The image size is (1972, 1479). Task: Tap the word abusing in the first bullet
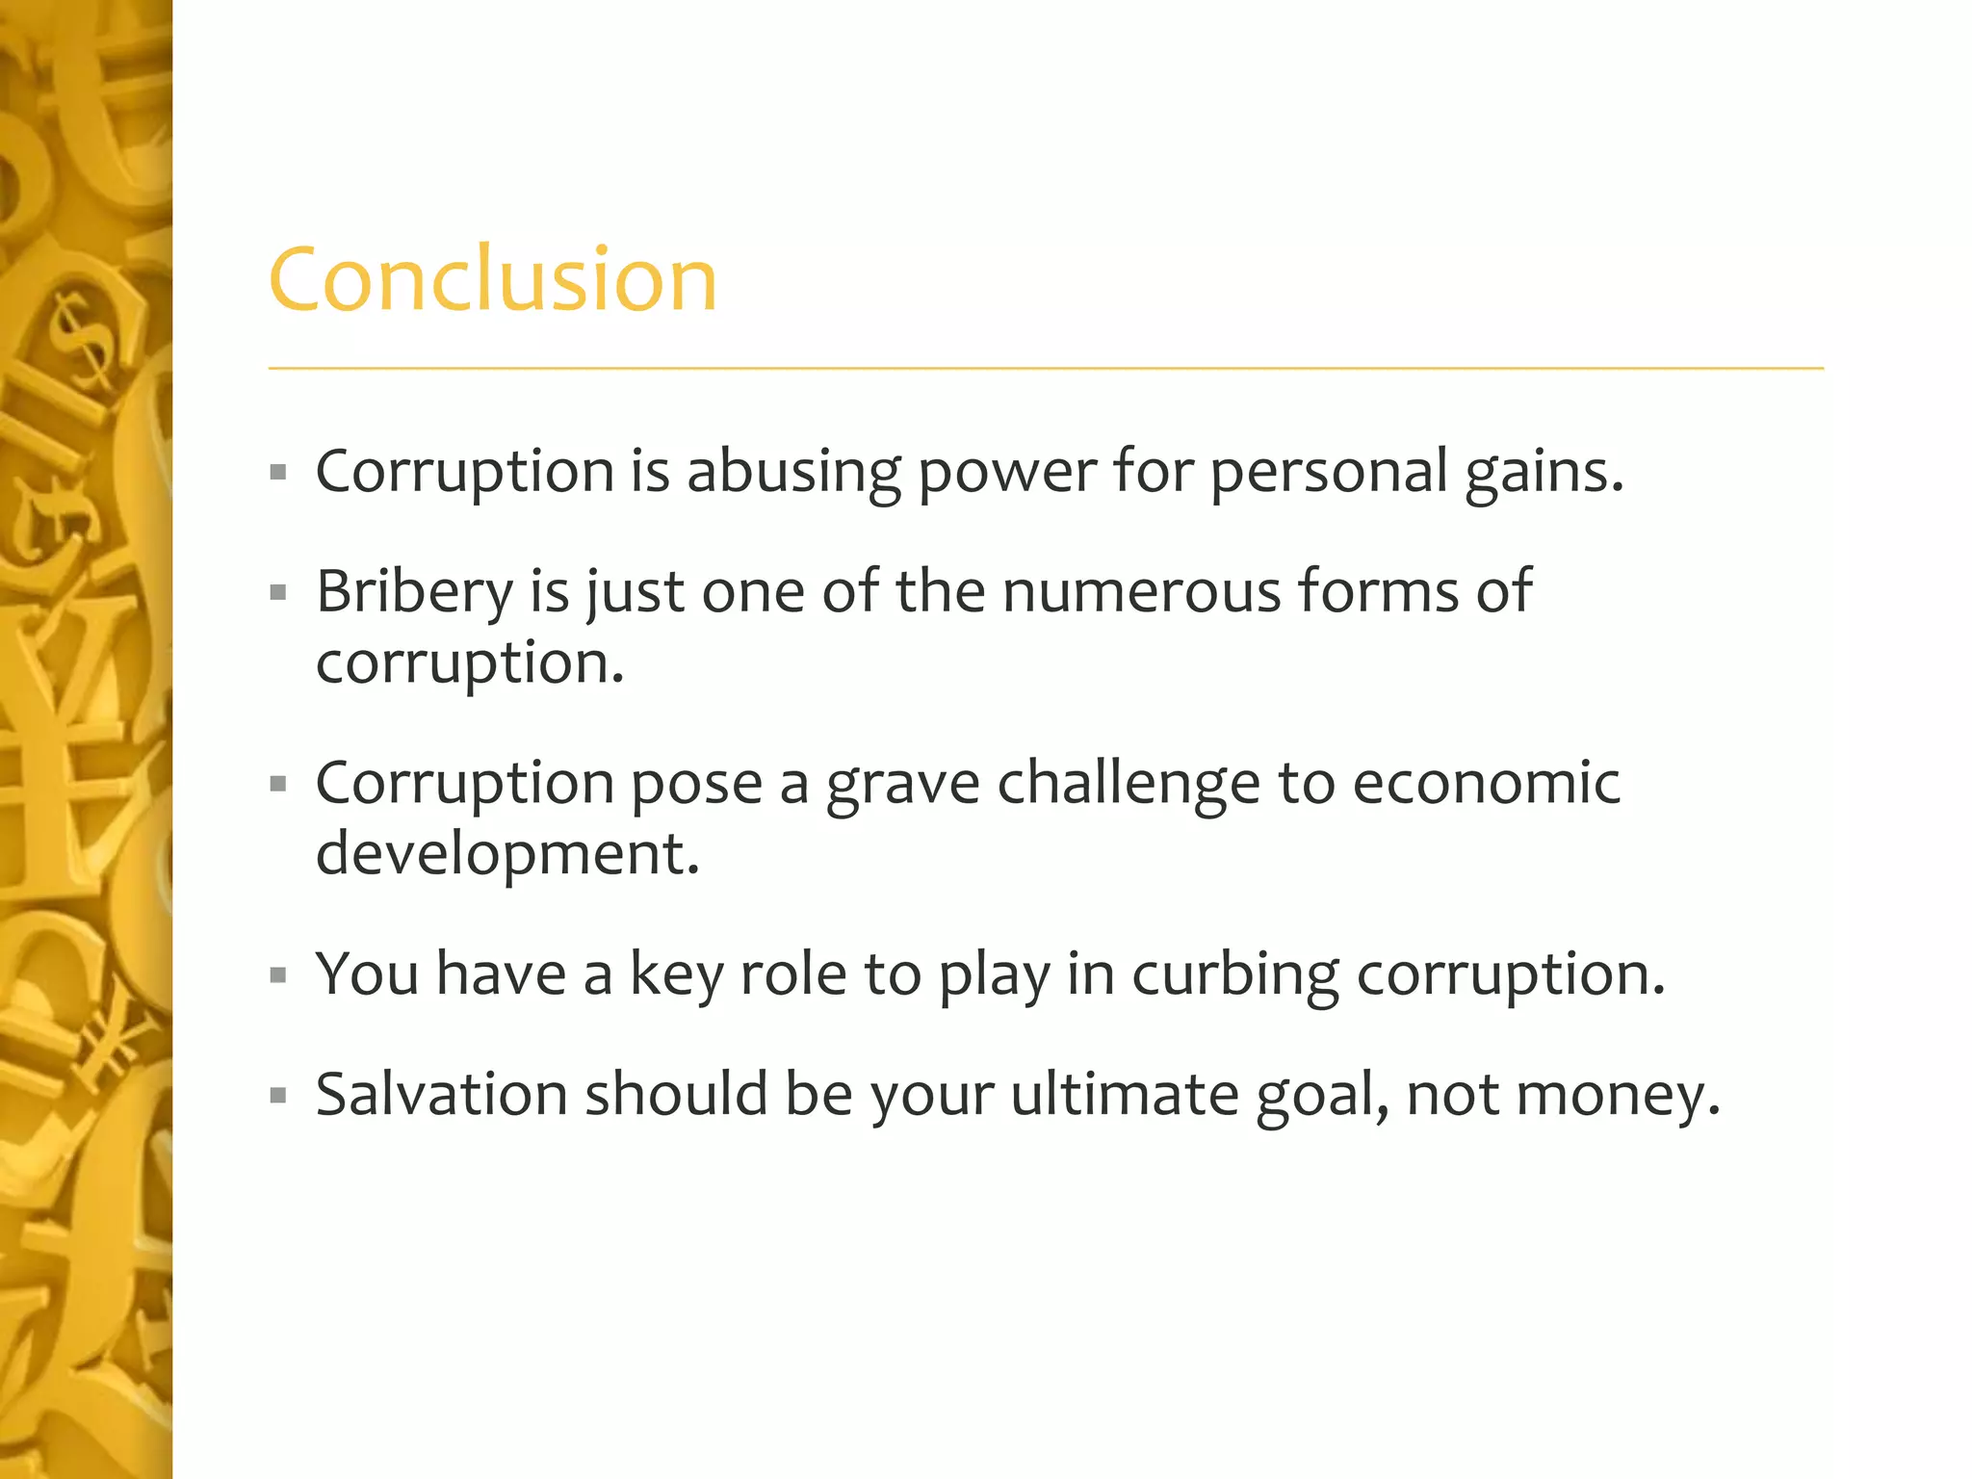tap(793, 472)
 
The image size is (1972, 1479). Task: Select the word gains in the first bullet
tap(1544, 472)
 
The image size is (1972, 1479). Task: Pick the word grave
tap(902, 784)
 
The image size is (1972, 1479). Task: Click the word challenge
tap(1128, 784)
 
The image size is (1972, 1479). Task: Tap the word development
tap(507, 854)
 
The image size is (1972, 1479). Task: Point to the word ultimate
tap(1125, 1095)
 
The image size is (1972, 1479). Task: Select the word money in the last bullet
tap(1618, 1097)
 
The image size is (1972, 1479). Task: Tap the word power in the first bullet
tap(1006, 472)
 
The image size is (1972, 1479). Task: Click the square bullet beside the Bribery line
tap(279, 592)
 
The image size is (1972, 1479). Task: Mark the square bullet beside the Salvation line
tap(279, 1096)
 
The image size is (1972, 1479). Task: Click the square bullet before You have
tap(279, 975)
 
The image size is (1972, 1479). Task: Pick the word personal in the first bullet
tap(1328, 472)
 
